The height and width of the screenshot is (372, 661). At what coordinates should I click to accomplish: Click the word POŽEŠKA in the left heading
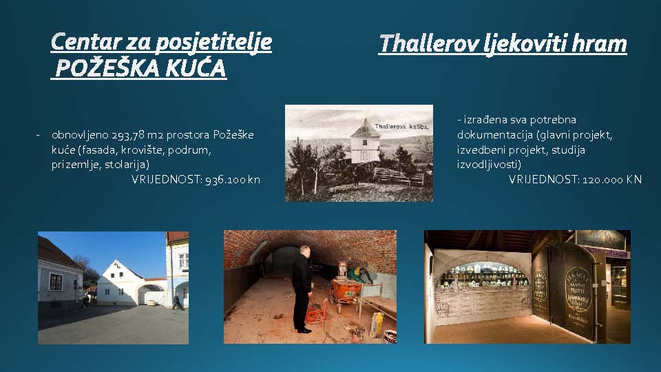[107, 68]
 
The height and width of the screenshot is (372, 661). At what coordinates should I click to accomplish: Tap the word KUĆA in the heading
[196, 68]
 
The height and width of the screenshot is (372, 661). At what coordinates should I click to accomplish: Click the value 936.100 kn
[233, 180]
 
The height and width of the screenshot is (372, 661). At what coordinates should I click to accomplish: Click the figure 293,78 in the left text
[128, 135]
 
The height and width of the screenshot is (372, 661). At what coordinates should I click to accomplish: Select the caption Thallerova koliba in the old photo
[401, 127]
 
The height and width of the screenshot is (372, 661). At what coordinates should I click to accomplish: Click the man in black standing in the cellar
[302, 289]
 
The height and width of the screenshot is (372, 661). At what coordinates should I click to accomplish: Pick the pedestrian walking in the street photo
[177, 302]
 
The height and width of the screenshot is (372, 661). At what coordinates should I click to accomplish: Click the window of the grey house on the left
[56, 282]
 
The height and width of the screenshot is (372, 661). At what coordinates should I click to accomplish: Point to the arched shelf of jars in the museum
[484, 273]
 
